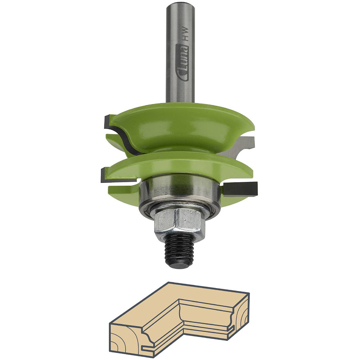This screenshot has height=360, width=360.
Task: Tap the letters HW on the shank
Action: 185,34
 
